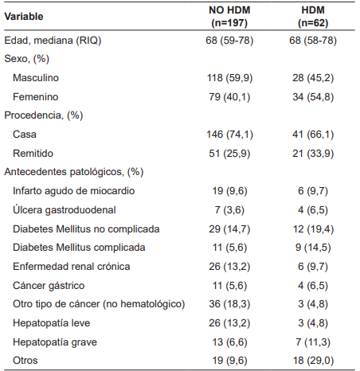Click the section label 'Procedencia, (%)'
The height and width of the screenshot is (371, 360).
(x=43, y=115)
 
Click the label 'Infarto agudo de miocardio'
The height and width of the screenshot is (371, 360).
(x=73, y=190)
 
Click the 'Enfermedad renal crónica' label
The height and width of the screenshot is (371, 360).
(x=71, y=266)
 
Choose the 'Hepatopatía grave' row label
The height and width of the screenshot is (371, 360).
(x=54, y=342)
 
